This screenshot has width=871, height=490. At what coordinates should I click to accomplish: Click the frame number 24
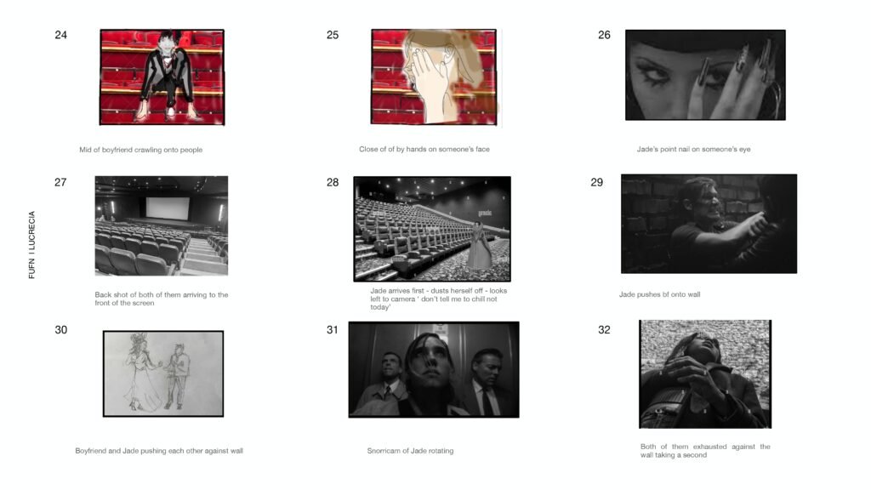point(60,35)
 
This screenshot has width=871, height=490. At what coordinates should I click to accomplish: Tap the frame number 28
point(333,182)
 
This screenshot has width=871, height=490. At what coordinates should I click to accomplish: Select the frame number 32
point(604,330)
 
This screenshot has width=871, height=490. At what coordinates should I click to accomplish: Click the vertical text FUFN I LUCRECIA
point(32,245)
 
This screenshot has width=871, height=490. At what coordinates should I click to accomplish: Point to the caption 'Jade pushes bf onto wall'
point(659,294)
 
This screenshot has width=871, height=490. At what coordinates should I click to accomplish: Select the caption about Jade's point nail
point(693,150)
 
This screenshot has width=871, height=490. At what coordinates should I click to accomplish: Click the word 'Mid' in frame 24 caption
point(86,150)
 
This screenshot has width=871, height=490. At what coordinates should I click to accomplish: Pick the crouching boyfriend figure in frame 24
point(163,72)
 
